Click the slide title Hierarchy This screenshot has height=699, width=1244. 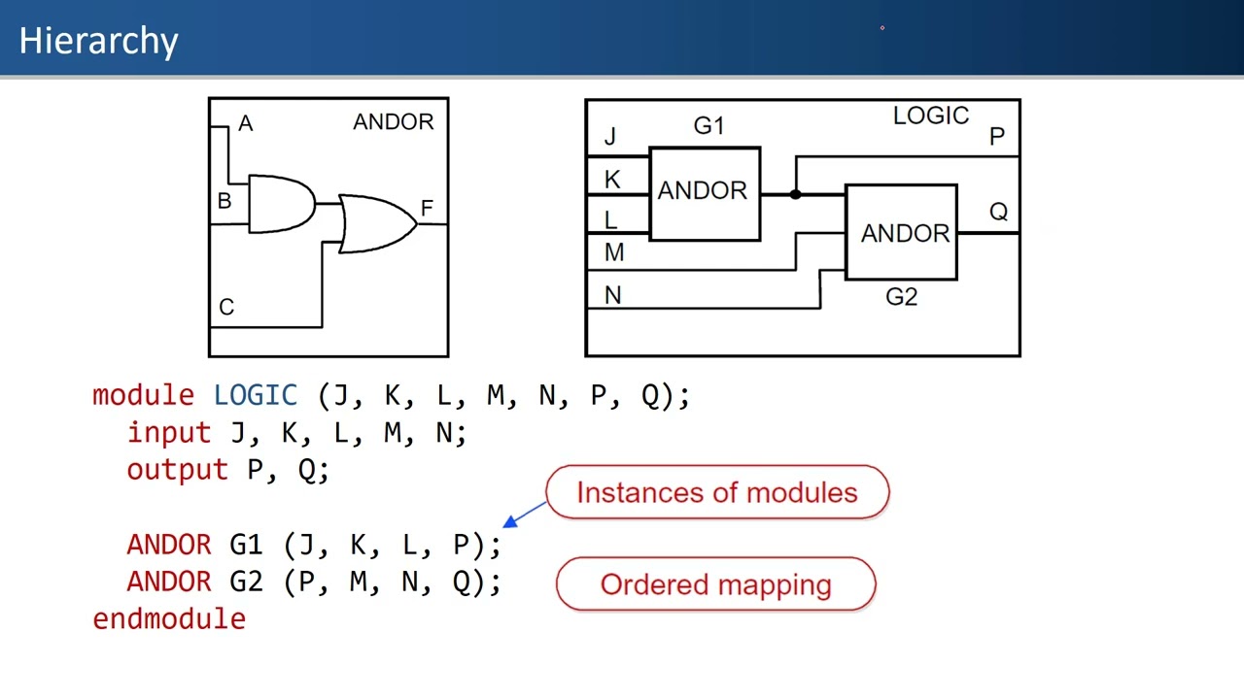[x=98, y=41]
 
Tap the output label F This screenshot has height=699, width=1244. [x=427, y=208]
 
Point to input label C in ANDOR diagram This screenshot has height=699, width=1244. [x=226, y=308]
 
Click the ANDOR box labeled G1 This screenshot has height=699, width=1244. [x=704, y=192]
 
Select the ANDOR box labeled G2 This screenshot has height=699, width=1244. [x=902, y=233]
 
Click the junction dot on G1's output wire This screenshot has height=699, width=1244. [x=795, y=194]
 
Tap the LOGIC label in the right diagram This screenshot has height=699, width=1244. [x=930, y=116]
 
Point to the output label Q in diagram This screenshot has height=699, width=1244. [x=998, y=212]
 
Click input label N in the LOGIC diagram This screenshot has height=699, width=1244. [x=612, y=295]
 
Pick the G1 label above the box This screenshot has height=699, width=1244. [x=708, y=125]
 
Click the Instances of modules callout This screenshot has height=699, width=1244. [x=717, y=492]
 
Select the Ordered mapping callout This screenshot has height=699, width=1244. [x=715, y=584]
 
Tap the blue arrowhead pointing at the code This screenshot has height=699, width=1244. [x=510, y=522]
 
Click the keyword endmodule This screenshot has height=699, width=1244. [x=169, y=618]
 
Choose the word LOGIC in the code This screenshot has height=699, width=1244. [x=255, y=395]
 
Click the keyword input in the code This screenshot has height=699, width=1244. [x=168, y=432]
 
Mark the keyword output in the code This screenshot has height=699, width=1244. [x=177, y=470]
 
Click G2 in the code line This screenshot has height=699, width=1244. [x=246, y=582]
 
